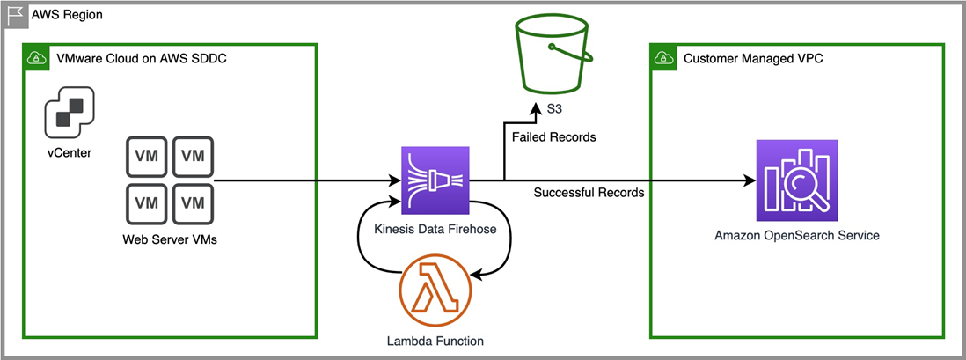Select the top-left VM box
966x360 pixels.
[x=147, y=157]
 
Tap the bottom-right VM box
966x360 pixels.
[x=193, y=202]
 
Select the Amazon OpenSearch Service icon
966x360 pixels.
[x=797, y=180]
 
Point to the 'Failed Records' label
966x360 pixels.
[x=553, y=137]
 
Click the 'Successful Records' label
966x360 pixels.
[x=589, y=193]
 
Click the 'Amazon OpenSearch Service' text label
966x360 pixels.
[x=797, y=236]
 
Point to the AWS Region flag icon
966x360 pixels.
[x=15, y=15]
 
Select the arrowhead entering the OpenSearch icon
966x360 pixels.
[x=750, y=181]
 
